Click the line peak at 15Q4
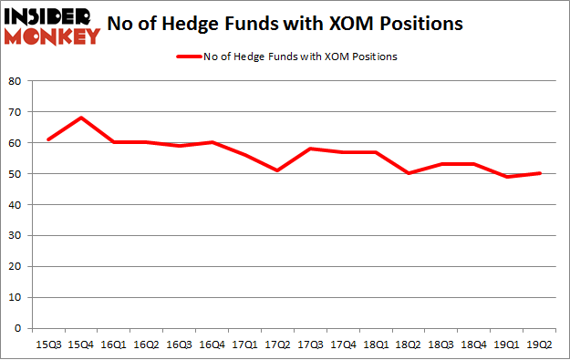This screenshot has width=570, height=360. [81, 118]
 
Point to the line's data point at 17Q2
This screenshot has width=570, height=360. [277, 170]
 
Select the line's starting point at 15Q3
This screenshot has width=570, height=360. [48, 139]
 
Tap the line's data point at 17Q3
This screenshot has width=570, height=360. [310, 149]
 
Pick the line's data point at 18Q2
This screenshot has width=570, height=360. [409, 173]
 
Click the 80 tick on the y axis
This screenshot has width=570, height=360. [16, 81]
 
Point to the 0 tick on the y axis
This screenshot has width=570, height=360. [18, 328]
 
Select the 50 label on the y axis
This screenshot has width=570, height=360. [16, 173]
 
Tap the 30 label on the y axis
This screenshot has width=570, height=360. [16, 235]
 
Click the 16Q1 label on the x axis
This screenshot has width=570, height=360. [114, 345]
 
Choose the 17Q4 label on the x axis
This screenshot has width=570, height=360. [343, 345]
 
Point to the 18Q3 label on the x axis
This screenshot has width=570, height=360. [441, 345]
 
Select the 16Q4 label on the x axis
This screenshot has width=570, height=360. [212, 345]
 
